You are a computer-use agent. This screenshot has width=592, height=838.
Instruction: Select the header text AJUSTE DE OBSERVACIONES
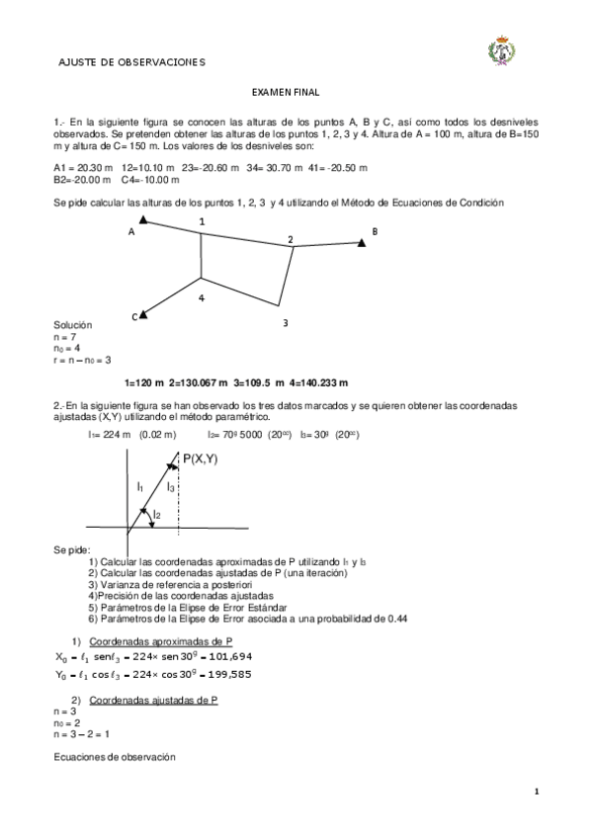(x=131, y=62)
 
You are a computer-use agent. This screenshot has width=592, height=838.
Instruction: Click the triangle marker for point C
(x=144, y=314)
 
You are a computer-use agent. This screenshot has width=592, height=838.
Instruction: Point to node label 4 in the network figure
(x=201, y=296)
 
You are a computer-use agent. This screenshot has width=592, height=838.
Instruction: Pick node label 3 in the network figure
(x=285, y=322)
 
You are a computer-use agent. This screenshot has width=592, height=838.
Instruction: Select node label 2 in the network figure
(x=291, y=239)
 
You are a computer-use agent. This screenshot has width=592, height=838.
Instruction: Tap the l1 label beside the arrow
(x=139, y=487)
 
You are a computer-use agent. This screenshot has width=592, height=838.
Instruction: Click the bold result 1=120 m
(x=144, y=382)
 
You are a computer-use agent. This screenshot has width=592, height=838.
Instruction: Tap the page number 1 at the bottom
(x=537, y=792)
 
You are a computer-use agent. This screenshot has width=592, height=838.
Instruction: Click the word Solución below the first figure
(x=72, y=325)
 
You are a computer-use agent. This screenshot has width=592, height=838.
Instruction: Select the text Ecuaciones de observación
(x=114, y=757)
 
